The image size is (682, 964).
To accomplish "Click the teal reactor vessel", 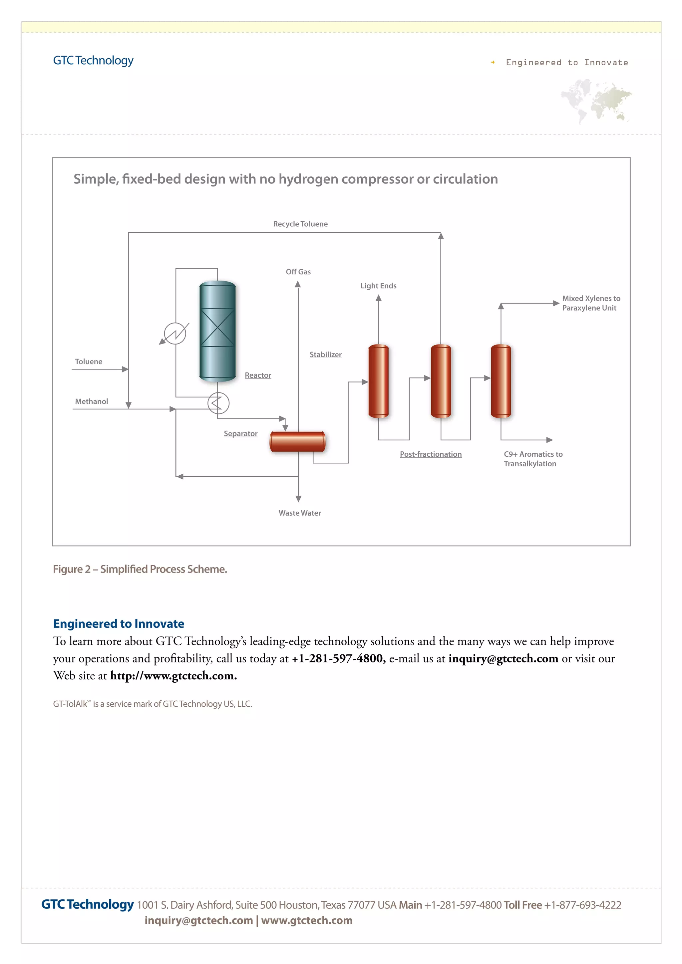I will (x=217, y=331).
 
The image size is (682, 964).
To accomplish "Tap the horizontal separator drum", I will (x=297, y=442).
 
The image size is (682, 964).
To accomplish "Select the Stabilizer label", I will (x=325, y=355).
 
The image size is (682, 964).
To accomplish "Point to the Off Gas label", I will (x=298, y=272).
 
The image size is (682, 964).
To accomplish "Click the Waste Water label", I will (x=299, y=513).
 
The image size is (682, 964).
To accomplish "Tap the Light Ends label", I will (x=378, y=286).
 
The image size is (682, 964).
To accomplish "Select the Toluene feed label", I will (x=89, y=362).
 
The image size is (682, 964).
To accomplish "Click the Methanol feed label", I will (x=92, y=402).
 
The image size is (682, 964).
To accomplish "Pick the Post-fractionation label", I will (x=431, y=454).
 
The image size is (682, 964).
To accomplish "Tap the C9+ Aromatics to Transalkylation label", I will (x=532, y=459).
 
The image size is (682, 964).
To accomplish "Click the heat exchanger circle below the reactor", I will (x=218, y=403).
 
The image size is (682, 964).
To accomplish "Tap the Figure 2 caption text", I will (x=140, y=569).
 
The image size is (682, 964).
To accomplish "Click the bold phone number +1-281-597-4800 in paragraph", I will (x=338, y=658).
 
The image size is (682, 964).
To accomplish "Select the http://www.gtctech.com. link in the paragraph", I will (x=173, y=675).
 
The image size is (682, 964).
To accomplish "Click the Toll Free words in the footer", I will (x=522, y=905).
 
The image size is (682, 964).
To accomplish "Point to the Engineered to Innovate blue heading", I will (x=119, y=624).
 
